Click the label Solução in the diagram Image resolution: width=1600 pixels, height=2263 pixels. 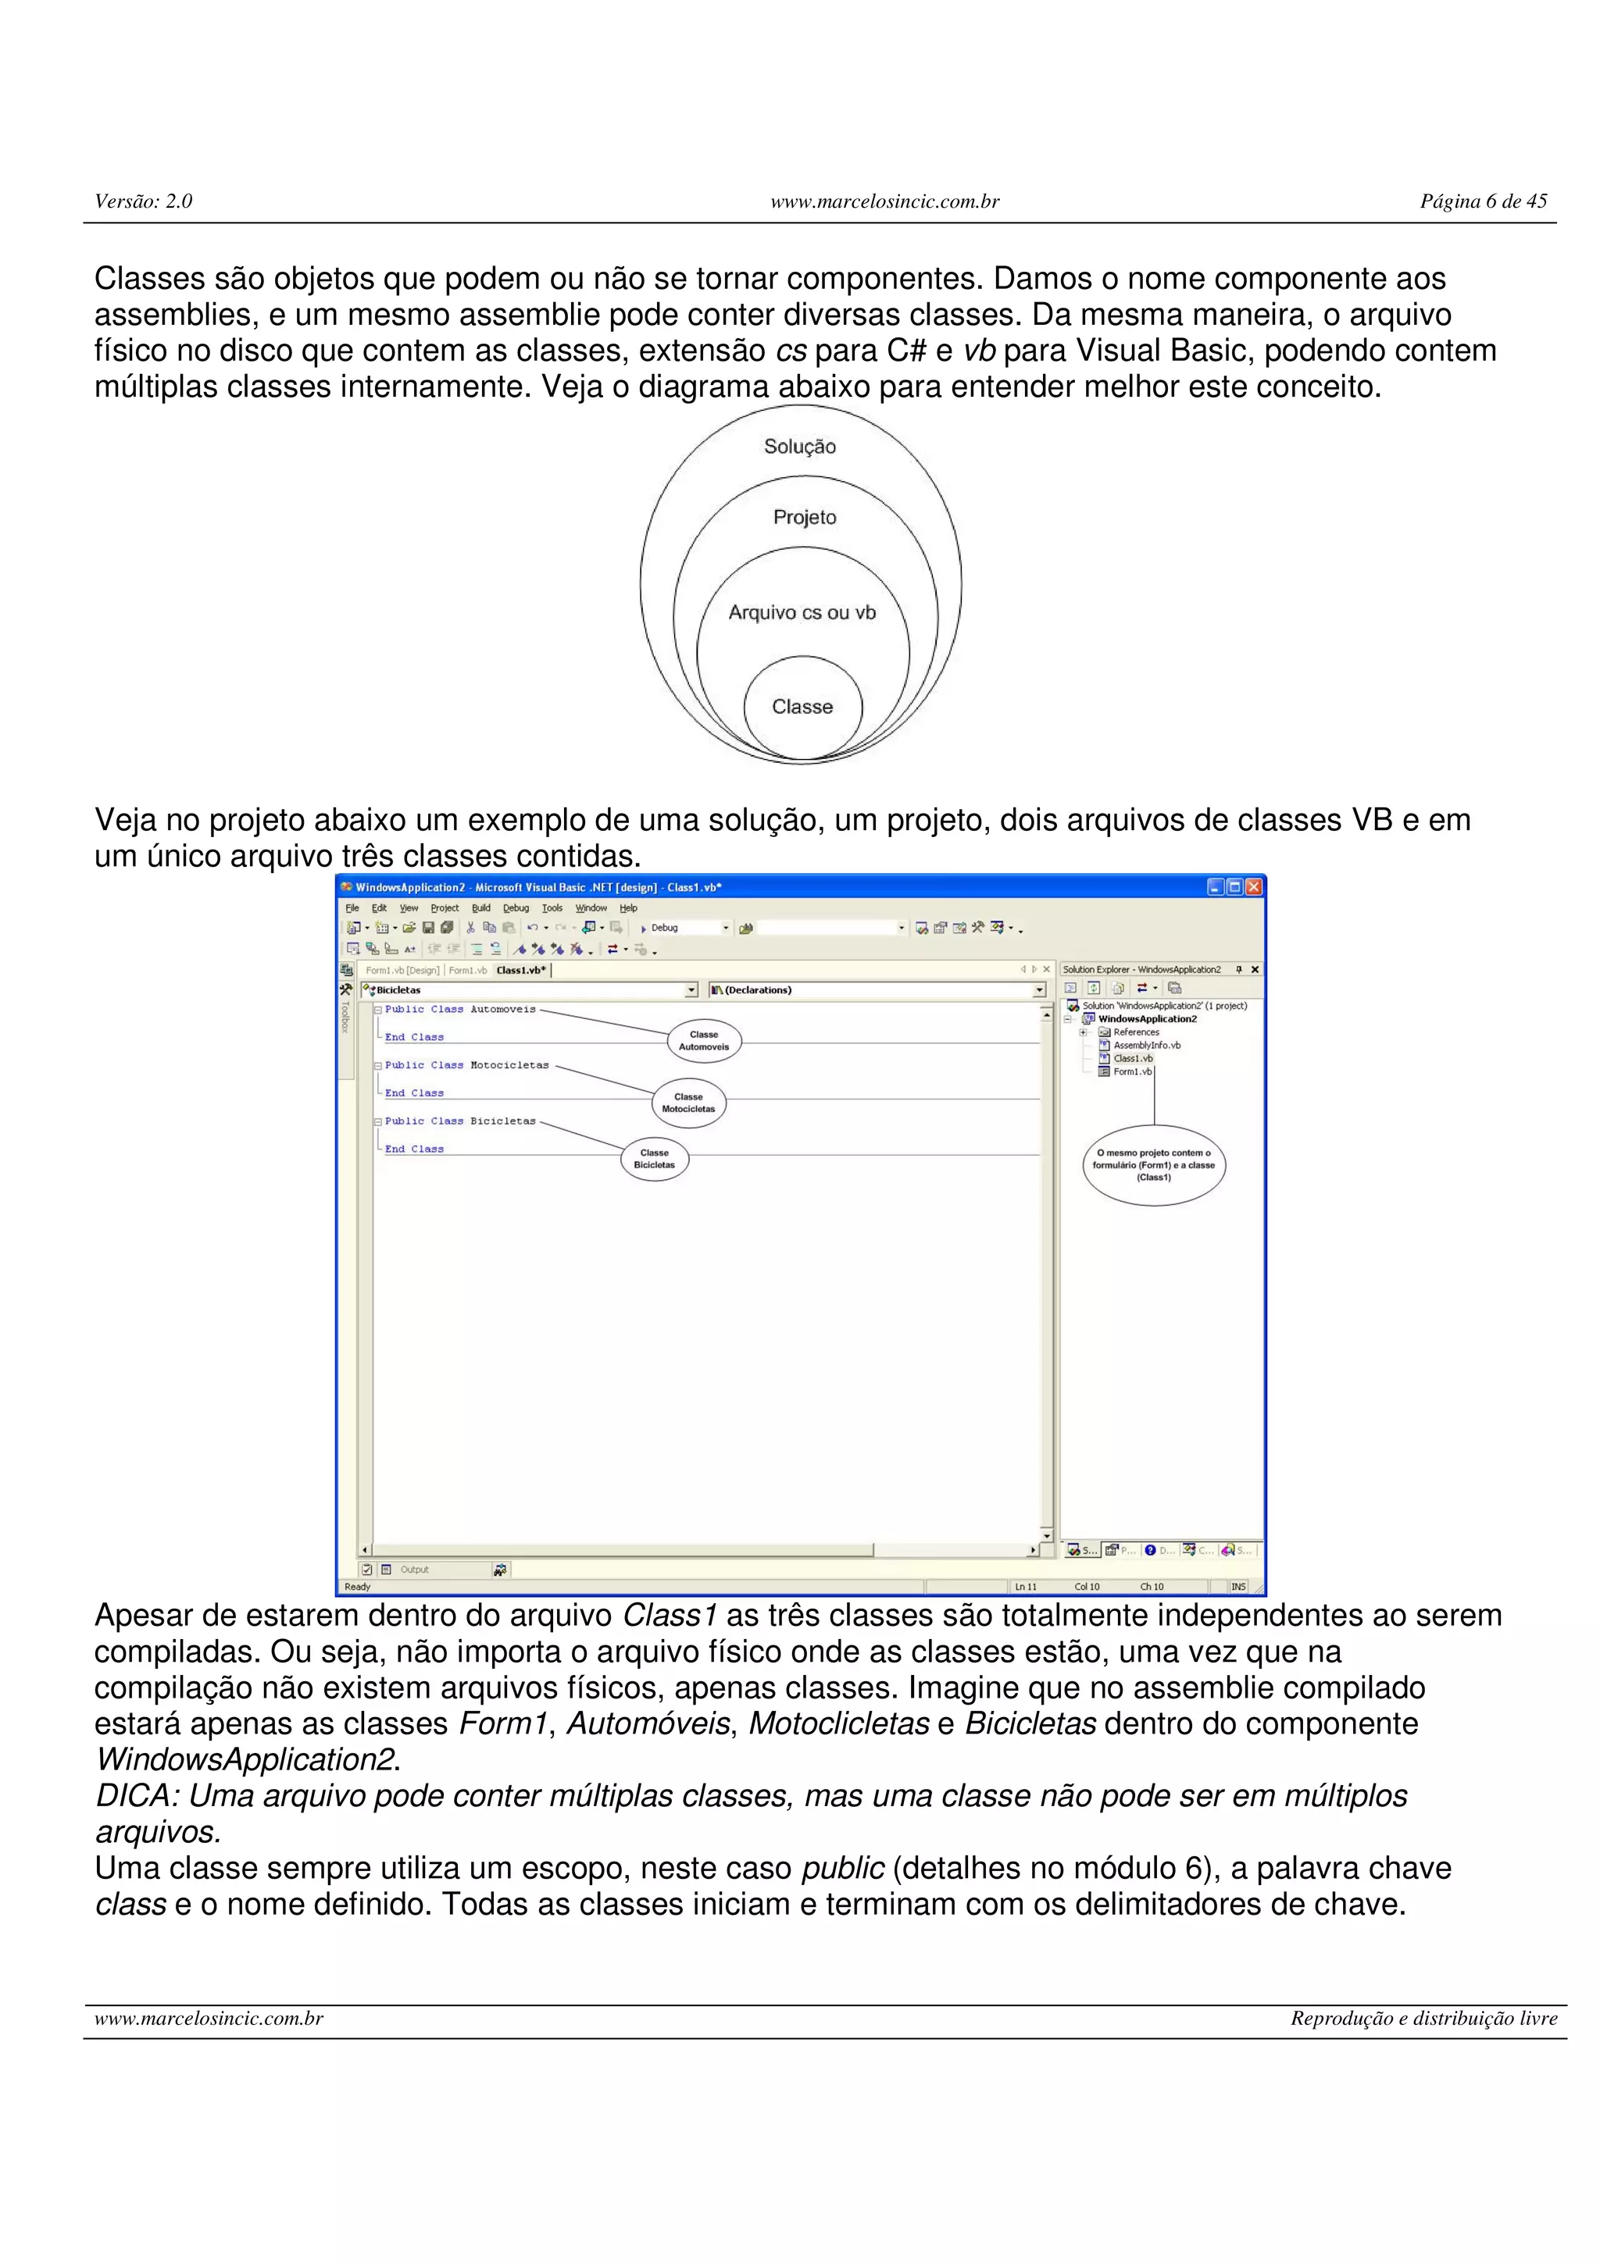pyautogui.click(x=799, y=447)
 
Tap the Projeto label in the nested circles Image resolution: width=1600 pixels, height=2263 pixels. pyautogui.click(x=805, y=518)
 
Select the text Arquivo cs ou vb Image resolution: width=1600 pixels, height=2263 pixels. pyautogui.click(x=802, y=612)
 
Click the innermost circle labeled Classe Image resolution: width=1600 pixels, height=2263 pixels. pyautogui.click(x=802, y=707)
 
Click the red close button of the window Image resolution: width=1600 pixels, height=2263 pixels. pyautogui.click(x=1253, y=887)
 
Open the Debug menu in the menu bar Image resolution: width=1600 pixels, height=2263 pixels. pyautogui.click(x=516, y=907)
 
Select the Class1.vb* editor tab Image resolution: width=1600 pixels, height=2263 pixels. pyautogui.click(x=520, y=970)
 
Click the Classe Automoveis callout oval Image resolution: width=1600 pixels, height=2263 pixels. pyautogui.click(x=704, y=1041)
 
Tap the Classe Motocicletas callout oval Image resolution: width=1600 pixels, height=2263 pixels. pyautogui.click(x=688, y=1103)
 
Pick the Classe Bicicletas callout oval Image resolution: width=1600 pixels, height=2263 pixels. pyautogui.click(x=655, y=1158)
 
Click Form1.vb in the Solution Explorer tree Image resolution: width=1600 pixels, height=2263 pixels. pyautogui.click(x=1132, y=1071)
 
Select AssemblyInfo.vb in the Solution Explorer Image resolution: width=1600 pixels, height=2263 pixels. pyautogui.click(x=1147, y=1045)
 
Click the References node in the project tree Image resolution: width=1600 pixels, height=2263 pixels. pyautogui.click(x=1136, y=1032)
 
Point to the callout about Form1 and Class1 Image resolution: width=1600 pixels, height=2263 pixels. pyautogui.click(x=1153, y=1165)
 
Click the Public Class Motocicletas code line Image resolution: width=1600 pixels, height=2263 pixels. pyautogui.click(x=466, y=1065)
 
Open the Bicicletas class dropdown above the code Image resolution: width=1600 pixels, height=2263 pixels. pyautogui.click(x=530, y=989)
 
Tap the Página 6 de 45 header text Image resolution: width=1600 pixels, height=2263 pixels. pyautogui.click(x=1483, y=201)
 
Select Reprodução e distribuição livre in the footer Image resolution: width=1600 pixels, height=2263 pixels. pyautogui.click(x=1423, y=2019)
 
